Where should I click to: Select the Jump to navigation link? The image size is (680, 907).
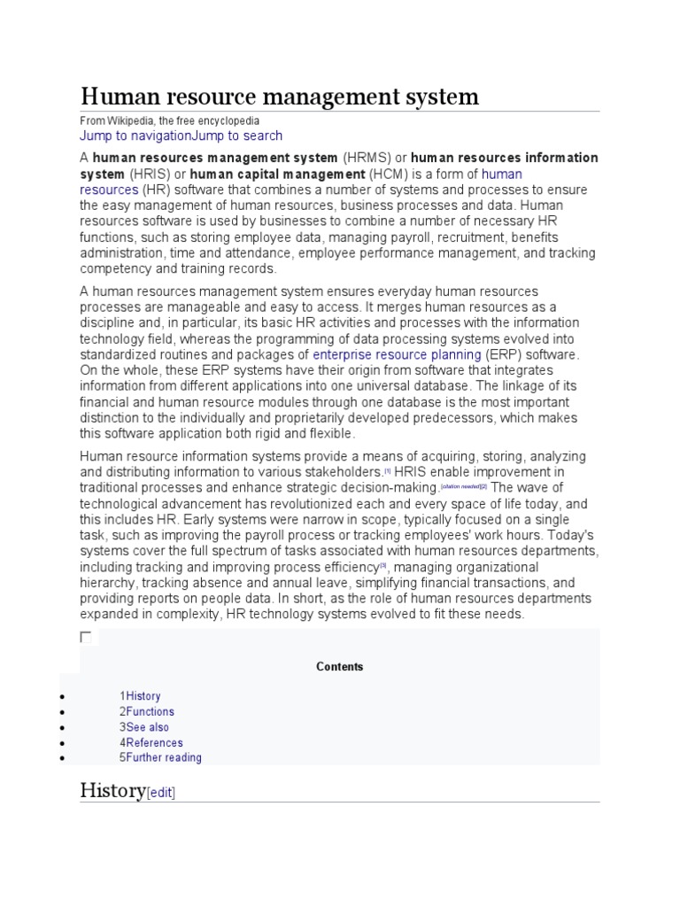tap(135, 136)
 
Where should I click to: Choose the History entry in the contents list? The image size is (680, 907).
tap(143, 696)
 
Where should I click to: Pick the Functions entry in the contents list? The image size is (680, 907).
tap(150, 711)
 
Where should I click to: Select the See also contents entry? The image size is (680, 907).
tap(147, 727)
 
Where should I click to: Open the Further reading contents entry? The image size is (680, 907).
tap(163, 757)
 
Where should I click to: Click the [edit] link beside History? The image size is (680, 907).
tap(161, 794)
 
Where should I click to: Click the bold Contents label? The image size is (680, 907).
tap(340, 667)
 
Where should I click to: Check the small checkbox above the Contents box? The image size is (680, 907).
tap(86, 637)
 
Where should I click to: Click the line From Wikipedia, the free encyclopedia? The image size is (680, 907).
tap(170, 120)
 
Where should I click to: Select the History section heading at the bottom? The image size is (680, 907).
tap(112, 790)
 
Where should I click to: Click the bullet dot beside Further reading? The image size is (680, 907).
tap(60, 758)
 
